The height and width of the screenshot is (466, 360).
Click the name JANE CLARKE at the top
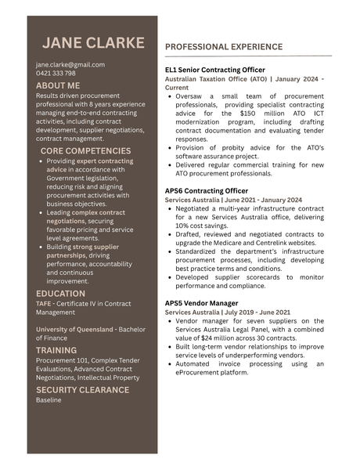point(93,42)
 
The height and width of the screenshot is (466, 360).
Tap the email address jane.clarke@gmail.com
point(70,64)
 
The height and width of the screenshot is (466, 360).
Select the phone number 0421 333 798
point(56,74)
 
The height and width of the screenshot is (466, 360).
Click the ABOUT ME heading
point(58,85)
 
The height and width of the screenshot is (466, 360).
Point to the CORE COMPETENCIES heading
point(85,150)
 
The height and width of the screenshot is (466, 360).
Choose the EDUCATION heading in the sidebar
point(61,294)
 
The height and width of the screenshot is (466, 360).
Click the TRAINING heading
point(56,350)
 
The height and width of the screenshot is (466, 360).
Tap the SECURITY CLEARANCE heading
point(83,389)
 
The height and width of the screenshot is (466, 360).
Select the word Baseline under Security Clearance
point(49,400)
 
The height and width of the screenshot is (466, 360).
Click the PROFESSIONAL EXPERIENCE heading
point(224,47)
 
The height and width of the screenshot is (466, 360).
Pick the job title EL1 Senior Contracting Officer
point(214,70)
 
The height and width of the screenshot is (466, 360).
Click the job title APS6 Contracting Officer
point(206,190)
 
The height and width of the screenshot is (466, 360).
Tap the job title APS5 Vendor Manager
point(201,303)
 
